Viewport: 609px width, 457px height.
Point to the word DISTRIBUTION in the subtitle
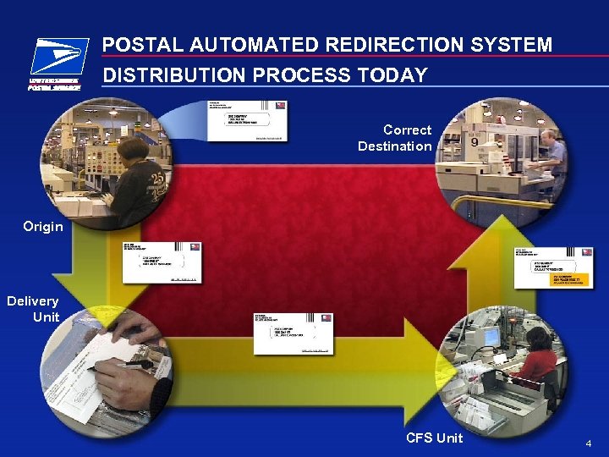[172, 75]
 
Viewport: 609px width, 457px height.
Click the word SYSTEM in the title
[515, 45]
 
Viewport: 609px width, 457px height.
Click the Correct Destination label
[396, 138]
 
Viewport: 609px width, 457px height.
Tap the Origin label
[43, 227]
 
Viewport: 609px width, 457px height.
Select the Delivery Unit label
[35, 309]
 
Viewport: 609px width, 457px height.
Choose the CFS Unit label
[434, 438]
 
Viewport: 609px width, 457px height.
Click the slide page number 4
[590, 443]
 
